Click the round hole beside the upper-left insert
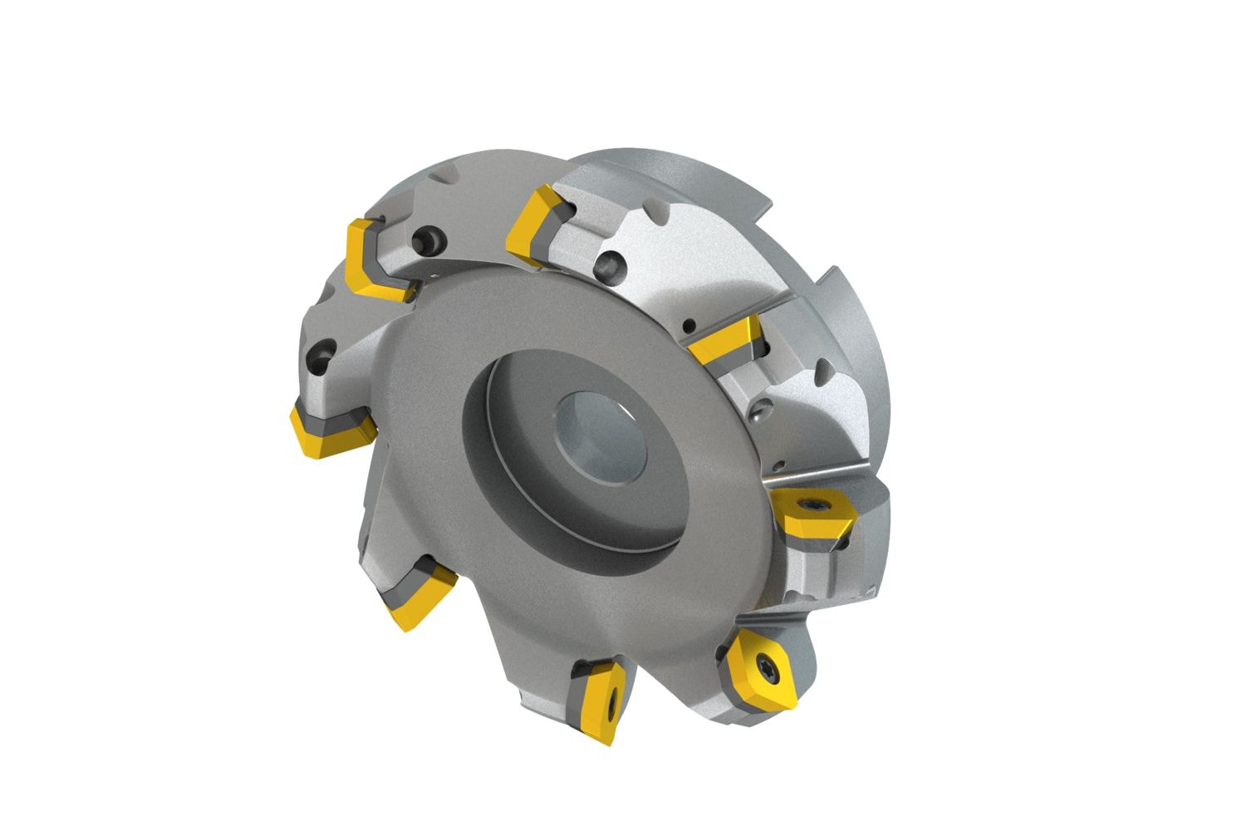coord(429,242)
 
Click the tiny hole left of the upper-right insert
coord(689,325)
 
